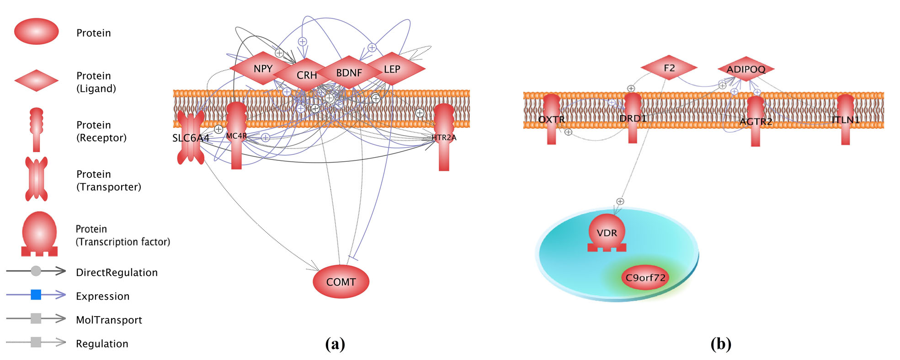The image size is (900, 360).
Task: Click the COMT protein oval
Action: click(341, 282)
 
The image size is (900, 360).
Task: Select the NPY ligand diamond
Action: click(263, 69)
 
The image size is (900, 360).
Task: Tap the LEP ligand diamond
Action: click(392, 69)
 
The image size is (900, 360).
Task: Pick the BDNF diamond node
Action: click(349, 73)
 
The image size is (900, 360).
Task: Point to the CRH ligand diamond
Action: click(307, 75)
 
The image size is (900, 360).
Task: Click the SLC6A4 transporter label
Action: click(191, 138)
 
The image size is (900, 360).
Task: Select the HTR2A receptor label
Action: click(444, 137)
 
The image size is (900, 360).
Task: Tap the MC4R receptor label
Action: click(236, 136)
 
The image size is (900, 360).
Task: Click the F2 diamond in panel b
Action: click(669, 68)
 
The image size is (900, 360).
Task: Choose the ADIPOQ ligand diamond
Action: click(746, 69)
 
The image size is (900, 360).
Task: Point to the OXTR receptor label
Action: click(551, 120)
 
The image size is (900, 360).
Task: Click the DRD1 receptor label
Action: click(633, 119)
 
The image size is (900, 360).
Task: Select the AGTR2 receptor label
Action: click(756, 122)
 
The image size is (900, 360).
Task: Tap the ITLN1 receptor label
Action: click(845, 120)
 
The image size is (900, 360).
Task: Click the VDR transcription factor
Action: click(607, 233)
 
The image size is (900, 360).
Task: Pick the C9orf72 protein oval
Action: click(645, 278)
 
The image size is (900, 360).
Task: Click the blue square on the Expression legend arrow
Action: click(36, 295)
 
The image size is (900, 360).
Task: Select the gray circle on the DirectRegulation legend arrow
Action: click(36, 271)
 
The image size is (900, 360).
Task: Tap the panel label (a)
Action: click(335, 344)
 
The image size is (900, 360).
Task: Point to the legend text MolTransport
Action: click(109, 320)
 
